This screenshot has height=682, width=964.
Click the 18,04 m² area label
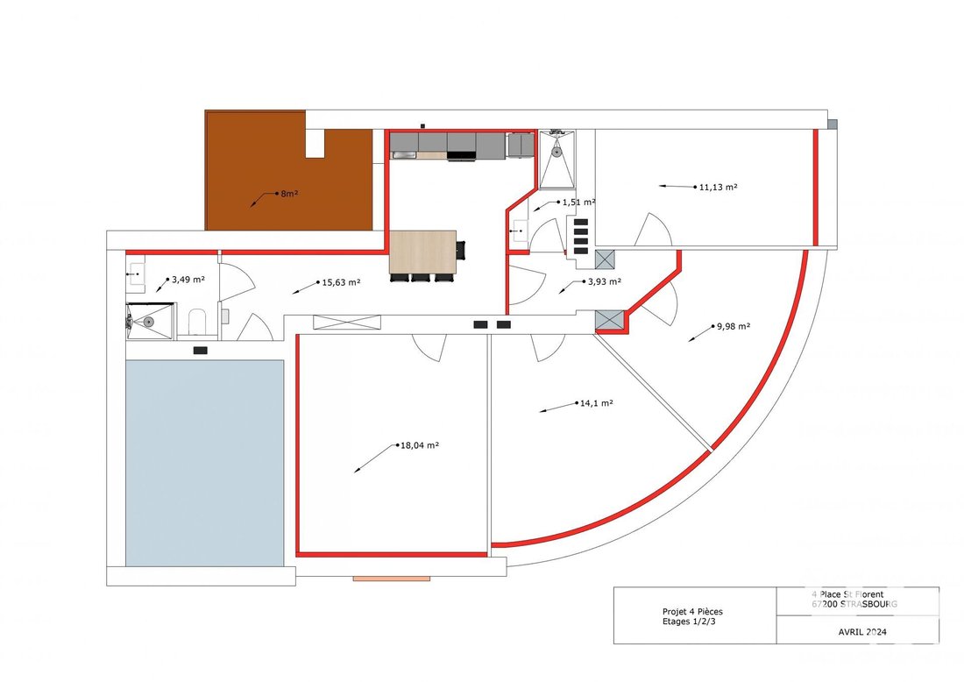[420, 445]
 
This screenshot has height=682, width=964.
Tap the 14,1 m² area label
[595, 403]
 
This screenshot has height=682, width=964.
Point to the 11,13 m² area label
[717, 187]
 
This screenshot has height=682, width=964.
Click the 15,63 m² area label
[342, 282]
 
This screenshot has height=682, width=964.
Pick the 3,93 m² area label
[603, 282]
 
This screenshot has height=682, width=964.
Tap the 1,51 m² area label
[578, 202]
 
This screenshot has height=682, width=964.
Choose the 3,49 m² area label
[188, 280]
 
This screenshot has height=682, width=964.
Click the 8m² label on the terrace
[288, 193]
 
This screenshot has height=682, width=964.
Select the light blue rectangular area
[204, 462]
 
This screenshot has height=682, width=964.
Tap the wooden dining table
[422, 252]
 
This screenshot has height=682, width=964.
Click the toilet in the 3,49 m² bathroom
[196, 323]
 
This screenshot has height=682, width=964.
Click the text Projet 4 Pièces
[693, 611]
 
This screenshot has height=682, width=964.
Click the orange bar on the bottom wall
[392, 579]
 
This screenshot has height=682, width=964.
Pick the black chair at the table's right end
[461, 251]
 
